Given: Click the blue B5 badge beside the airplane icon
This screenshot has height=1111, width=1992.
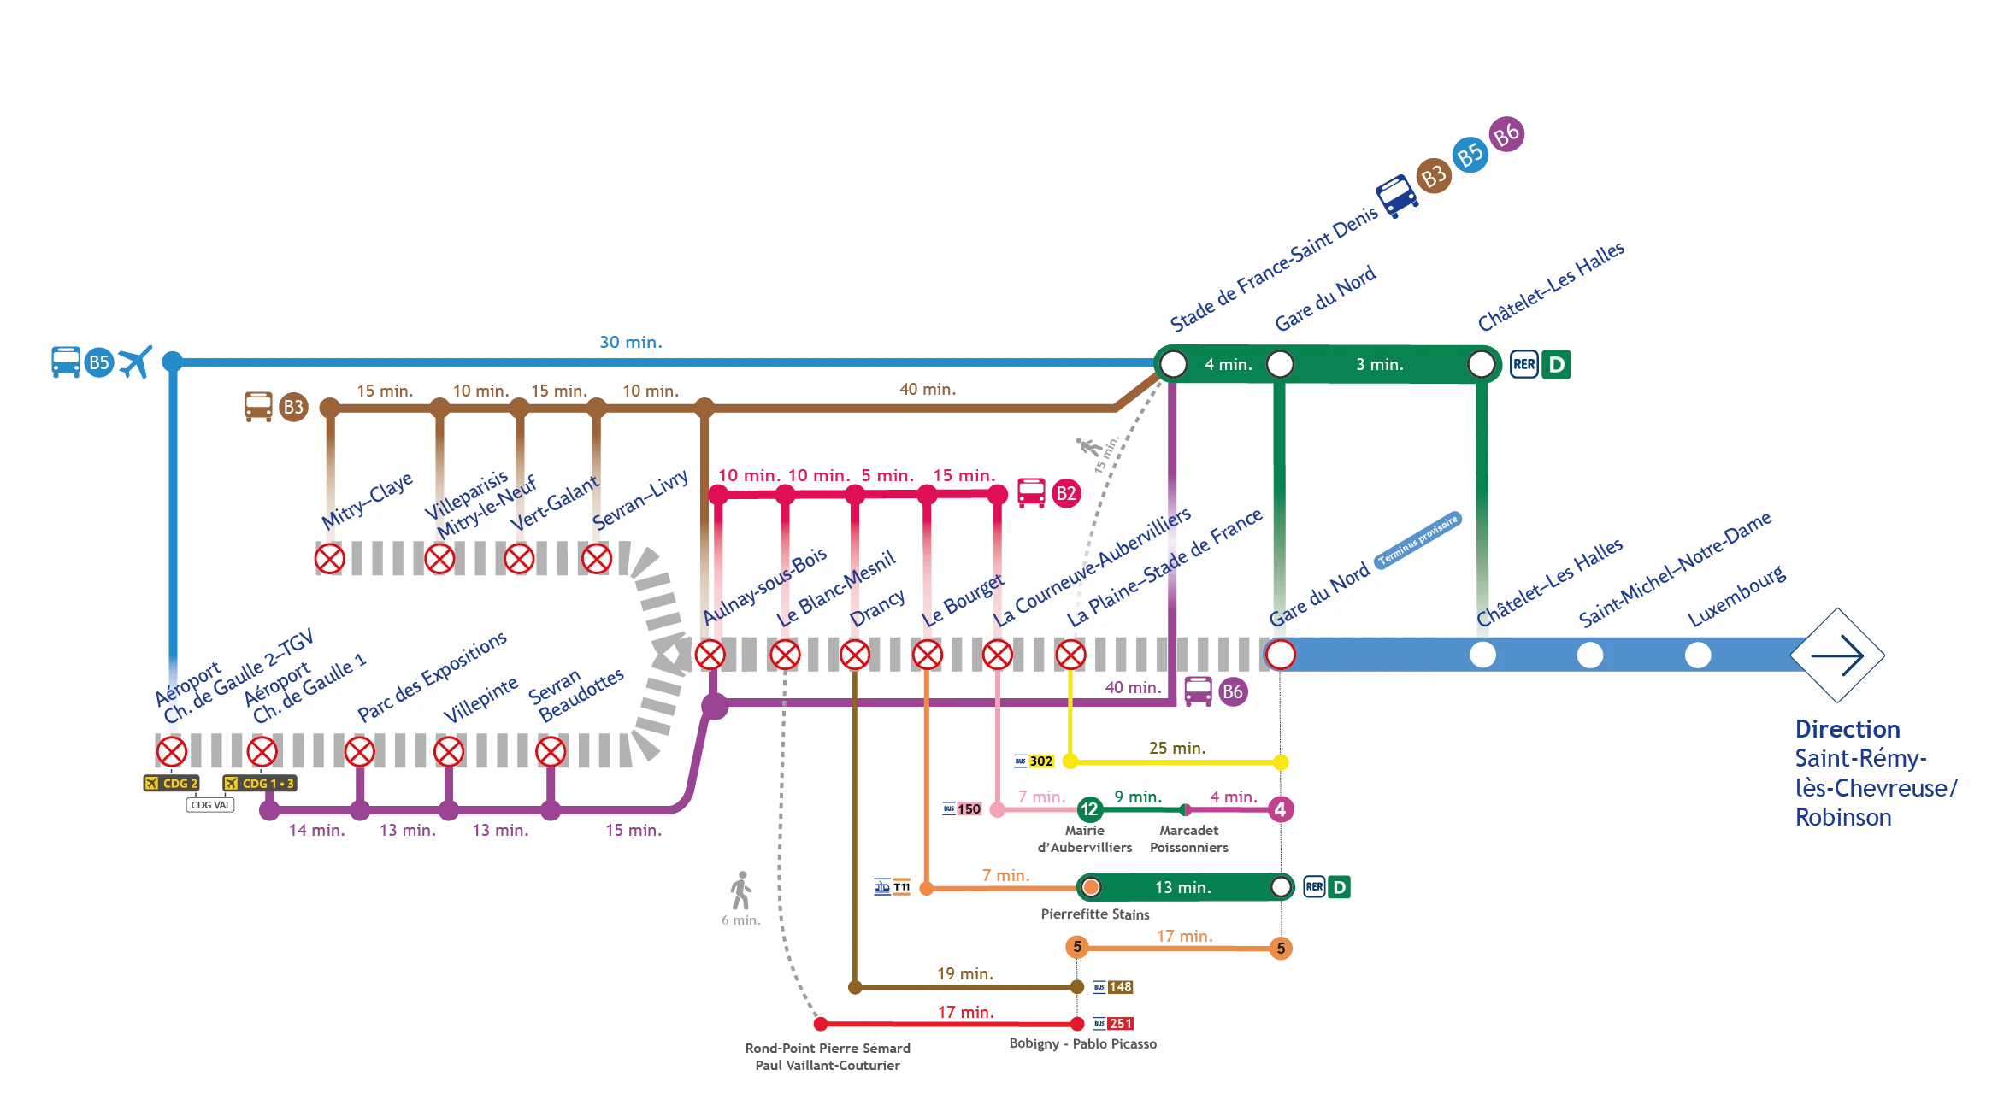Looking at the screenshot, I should (x=99, y=362).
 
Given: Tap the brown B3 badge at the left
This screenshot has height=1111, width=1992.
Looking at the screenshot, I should (x=293, y=407).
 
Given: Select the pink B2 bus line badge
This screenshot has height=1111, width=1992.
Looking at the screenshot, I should (x=1065, y=493).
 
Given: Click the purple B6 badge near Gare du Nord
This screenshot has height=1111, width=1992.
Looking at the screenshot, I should (x=1232, y=691).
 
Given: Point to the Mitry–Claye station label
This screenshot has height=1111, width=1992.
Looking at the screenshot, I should (x=367, y=500).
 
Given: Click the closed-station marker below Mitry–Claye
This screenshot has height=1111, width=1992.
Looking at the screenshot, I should (x=329, y=559).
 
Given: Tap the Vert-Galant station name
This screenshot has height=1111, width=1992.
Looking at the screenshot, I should (x=555, y=504).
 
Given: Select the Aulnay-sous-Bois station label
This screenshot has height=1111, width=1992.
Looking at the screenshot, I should (x=764, y=585).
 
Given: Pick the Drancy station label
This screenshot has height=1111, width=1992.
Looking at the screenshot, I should (x=877, y=607).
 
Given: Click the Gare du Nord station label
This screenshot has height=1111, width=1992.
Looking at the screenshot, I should (x=1319, y=596).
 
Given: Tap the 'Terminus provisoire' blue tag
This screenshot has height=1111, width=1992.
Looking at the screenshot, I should (x=1418, y=539).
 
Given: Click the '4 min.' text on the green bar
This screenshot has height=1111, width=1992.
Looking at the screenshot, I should (x=1228, y=365).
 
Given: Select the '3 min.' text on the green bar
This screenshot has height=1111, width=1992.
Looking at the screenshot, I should (x=1379, y=365).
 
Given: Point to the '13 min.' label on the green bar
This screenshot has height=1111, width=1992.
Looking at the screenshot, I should (x=1182, y=888).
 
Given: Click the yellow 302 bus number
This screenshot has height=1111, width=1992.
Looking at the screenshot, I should (x=1040, y=761).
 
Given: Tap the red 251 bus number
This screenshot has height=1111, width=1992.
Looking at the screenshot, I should (x=1120, y=1023).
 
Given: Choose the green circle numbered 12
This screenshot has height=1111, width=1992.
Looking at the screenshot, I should (x=1089, y=808).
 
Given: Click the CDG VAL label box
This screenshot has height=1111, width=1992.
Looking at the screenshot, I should (x=210, y=805).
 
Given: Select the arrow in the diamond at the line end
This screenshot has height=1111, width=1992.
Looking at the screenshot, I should (x=1837, y=655).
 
